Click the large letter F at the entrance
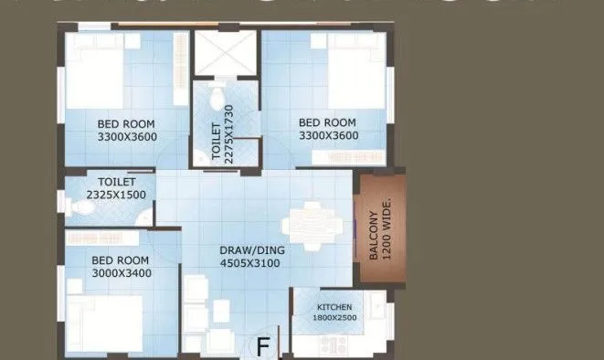click(263, 346)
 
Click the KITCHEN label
click(334, 306)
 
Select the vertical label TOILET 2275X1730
click(223, 132)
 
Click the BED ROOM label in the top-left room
click(126, 123)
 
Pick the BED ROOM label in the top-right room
click(328, 123)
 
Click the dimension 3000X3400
click(121, 273)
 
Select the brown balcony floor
click(377, 228)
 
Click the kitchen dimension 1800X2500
click(334, 319)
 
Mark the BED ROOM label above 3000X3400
click(121, 259)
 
